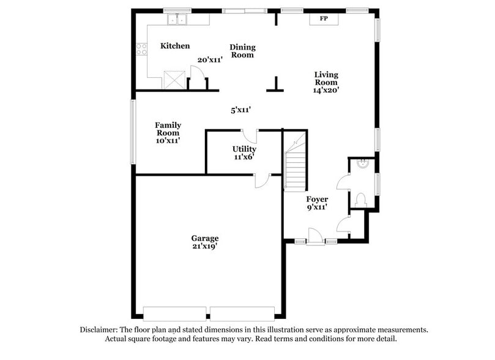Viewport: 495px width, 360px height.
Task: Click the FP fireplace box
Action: coord(324,19)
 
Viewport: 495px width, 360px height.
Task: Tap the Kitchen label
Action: coord(175,46)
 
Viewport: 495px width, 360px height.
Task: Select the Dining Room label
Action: coord(242,51)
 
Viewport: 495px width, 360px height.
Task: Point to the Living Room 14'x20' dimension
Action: coord(326,90)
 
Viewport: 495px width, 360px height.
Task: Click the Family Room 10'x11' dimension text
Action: coord(167,141)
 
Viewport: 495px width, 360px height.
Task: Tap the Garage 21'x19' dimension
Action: coord(204,246)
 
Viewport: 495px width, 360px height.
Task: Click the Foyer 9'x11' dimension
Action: coord(317,207)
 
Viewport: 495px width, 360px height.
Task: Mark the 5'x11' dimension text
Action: coord(241,110)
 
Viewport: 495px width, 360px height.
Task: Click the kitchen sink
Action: coord(179,20)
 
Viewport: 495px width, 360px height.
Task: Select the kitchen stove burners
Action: coord(142,49)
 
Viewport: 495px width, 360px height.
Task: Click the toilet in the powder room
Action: coord(360,199)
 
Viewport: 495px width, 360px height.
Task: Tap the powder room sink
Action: coord(362,163)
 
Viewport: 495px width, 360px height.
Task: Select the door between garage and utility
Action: coord(262,179)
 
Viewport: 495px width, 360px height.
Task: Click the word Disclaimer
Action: coord(100,329)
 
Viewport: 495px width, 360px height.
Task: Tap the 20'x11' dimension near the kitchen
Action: coord(210,60)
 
